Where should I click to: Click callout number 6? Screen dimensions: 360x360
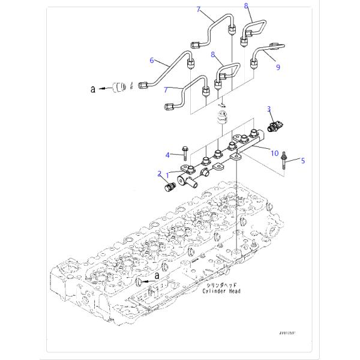pyautogui.click(x=152, y=61)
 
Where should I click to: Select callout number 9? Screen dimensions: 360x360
pyautogui.click(x=278, y=68)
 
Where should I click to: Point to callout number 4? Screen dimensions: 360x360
pyautogui.click(x=169, y=155)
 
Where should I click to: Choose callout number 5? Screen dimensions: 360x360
pyautogui.click(x=303, y=161)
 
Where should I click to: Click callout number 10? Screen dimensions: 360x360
pyautogui.click(x=275, y=154)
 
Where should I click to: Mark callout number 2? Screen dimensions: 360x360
pyautogui.click(x=160, y=173)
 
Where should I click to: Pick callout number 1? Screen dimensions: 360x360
pyautogui.click(x=168, y=176)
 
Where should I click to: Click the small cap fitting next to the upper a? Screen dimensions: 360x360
pyautogui.click(x=122, y=87)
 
